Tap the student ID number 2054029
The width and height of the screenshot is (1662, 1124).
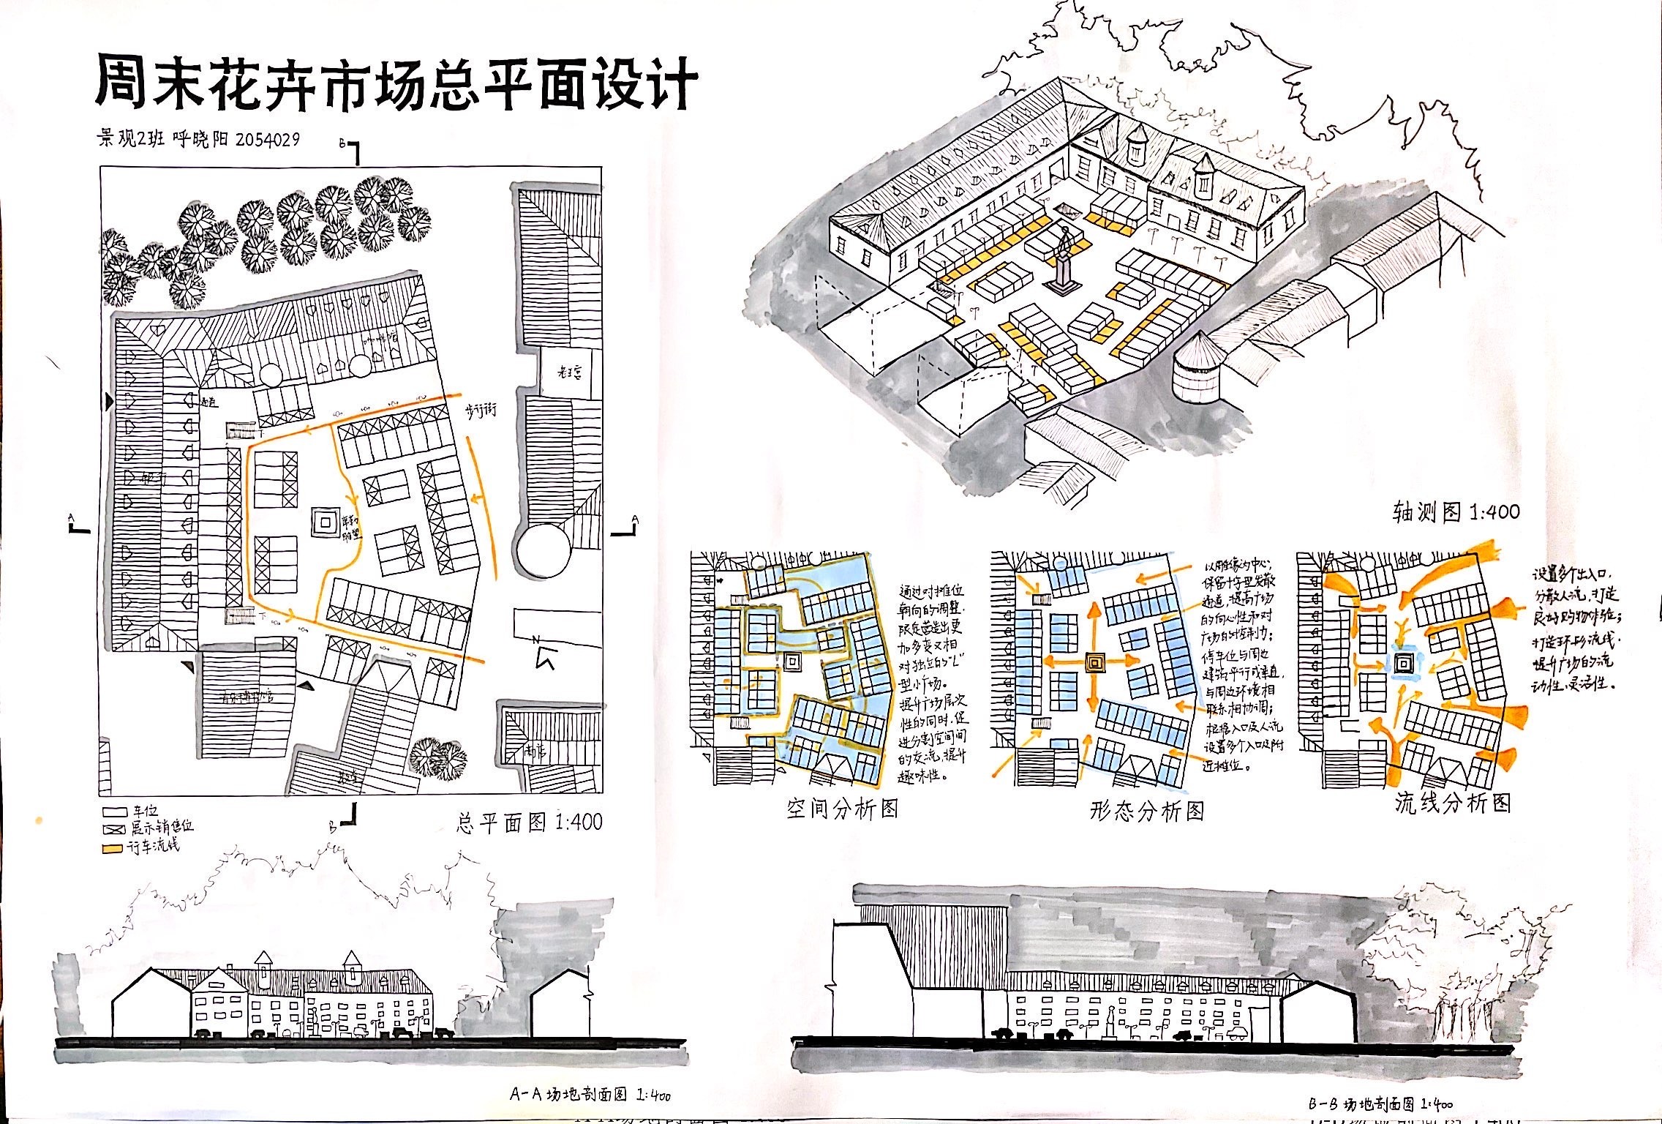coord(267,139)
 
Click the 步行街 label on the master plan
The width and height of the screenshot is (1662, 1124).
coord(481,410)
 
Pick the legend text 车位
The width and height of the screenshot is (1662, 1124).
coord(145,812)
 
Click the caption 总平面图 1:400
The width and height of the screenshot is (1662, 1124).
coord(529,822)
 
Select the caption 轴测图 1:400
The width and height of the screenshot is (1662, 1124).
coord(1455,512)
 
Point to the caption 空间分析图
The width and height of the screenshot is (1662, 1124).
coord(841,809)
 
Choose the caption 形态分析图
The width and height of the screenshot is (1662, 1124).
coord(1146,811)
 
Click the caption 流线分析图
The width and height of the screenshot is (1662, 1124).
coord(1452,803)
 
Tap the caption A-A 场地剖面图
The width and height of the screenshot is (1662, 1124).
coord(590,1095)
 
